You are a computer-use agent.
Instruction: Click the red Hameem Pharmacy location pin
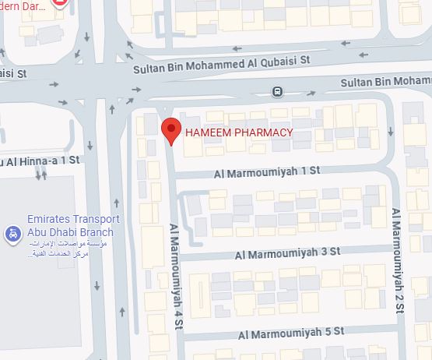tap(171, 130)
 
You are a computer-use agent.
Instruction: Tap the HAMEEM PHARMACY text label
tap(238, 132)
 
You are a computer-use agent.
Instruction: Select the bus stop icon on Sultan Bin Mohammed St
tap(278, 92)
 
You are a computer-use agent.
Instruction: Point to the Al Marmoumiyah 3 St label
tap(288, 252)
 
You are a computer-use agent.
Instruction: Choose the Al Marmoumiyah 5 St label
tap(291, 333)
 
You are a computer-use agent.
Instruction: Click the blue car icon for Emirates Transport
tap(12, 233)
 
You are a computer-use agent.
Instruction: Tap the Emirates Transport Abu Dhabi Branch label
tap(70, 226)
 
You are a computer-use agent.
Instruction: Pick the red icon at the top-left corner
tap(60, 3)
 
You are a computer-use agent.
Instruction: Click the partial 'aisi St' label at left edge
tap(13, 73)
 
